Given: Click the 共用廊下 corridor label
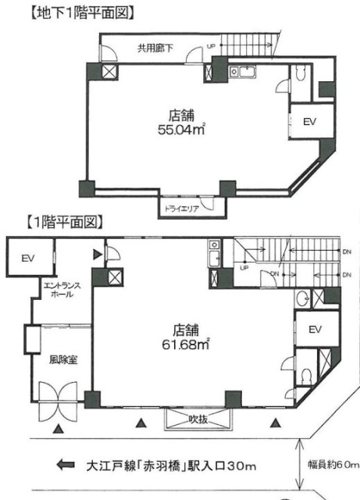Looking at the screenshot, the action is pyautogui.click(x=155, y=48).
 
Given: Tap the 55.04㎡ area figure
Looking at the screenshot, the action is pyautogui.click(x=181, y=129).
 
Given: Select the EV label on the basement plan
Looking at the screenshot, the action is pyautogui.click(x=309, y=122).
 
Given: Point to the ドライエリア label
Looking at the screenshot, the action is pyautogui.click(x=181, y=209).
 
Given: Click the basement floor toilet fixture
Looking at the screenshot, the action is pyautogui.click(x=301, y=74).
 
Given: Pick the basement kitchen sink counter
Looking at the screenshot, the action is pyautogui.click(x=242, y=72).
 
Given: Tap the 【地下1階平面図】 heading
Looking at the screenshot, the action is pyautogui.click(x=81, y=13).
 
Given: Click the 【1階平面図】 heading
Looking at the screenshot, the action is pyautogui.click(x=64, y=222).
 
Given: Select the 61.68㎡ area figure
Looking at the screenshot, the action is pyautogui.click(x=186, y=344).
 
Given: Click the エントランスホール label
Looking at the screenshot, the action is pyautogui.click(x=62, y=290).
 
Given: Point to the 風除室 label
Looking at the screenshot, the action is pyautogui.click(x=63, y=360).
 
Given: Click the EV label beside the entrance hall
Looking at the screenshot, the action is pyautogui.click(x=28, y=258).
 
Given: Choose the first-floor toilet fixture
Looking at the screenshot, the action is pyautogui.click(x=306, y=377).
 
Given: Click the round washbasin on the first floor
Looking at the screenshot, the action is pyautogui.click(x=301, y=299).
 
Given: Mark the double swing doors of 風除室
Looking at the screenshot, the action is pyautogui.click(x=58, y=401).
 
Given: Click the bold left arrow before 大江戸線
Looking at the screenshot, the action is pyautogui.click(x=66, y=465).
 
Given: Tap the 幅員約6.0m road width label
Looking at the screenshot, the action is pyautogui.click(x=333, y=465).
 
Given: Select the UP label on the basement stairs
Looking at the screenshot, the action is pyautogui.click(x=211, y=46).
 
